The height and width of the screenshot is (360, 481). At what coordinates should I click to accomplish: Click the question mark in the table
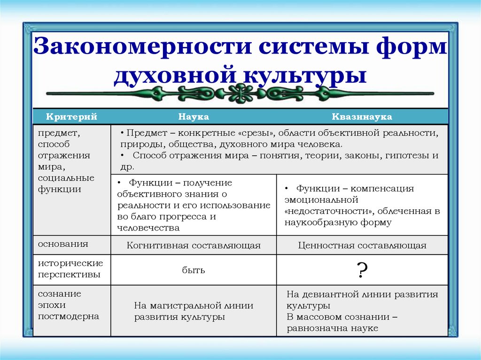(x=362, y=271)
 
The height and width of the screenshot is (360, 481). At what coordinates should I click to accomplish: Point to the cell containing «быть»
(x=194, y=270)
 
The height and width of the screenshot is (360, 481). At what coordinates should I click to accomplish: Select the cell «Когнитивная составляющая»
(x=194, y=245)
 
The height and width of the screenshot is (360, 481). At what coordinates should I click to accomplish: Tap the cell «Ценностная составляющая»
(x=362, y=245)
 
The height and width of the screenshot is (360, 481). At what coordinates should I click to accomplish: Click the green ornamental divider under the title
(x=240, y=92)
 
